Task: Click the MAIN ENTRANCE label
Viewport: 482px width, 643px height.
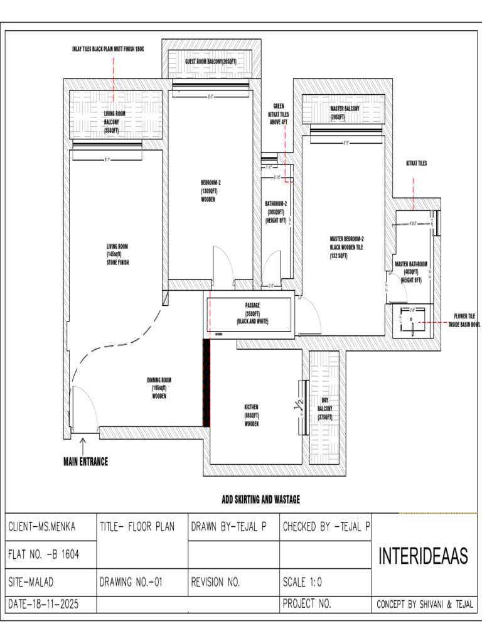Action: tap(85, 462)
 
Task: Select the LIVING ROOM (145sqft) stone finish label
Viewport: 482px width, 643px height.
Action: tap(117, 254)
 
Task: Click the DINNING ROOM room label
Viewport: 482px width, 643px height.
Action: tap(159, 388)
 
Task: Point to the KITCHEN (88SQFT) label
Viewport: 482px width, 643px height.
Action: tap(252, 415)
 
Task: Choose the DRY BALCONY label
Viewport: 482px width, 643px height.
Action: tap(324, 409)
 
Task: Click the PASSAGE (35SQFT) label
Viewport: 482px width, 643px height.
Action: tap(252, 313)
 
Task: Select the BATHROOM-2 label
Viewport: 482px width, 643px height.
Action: tap(276, 212)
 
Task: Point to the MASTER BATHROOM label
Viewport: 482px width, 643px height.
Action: tap(411, 272)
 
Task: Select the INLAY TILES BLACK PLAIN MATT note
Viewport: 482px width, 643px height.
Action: tap(108, 48)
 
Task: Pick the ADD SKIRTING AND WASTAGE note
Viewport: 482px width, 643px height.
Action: tap(260, 500)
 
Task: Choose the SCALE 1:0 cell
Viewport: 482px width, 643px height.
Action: tap(303, 582)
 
